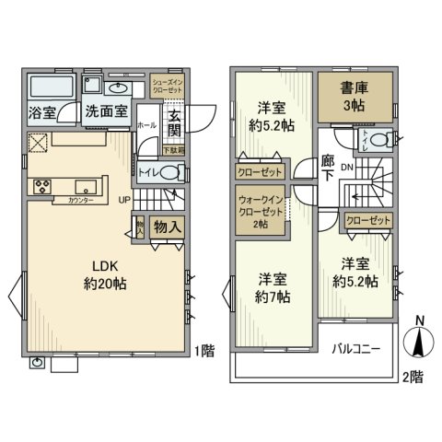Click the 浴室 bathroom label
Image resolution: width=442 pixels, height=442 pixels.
(41, 114)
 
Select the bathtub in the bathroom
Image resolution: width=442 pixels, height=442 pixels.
(52, 87)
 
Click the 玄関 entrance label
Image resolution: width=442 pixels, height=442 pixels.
(174, 124)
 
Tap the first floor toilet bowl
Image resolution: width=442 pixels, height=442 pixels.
(172, 171)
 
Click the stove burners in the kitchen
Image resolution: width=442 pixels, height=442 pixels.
(42, 186)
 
